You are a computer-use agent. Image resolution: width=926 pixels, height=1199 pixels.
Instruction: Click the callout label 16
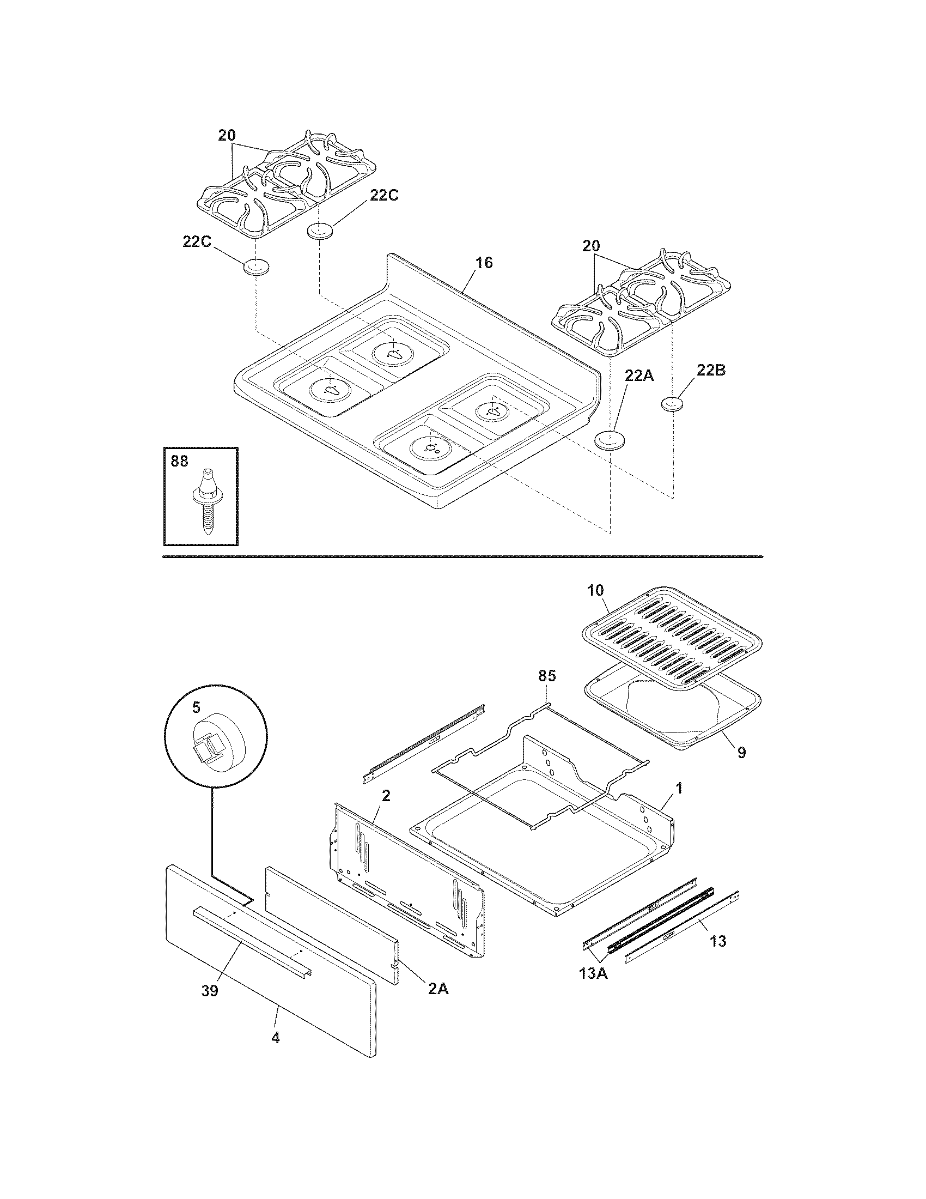point(484,263)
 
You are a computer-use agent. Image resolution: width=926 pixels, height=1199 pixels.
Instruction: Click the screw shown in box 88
point(206,502)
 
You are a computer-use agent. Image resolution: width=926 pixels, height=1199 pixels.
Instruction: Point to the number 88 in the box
point(179,462)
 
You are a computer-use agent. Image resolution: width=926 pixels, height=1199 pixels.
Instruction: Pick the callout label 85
point(547,676)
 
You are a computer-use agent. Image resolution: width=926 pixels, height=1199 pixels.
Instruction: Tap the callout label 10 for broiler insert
point(595,591)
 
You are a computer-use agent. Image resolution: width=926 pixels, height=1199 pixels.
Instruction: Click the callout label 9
point(741,753)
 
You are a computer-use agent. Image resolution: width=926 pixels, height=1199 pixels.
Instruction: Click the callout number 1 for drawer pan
point(679,789)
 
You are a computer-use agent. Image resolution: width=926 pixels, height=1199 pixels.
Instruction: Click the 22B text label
point(711,371)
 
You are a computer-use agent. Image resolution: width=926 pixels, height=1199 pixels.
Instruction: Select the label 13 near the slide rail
point(718,942)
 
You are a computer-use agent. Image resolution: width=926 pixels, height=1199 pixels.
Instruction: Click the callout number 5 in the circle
point(196,707)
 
